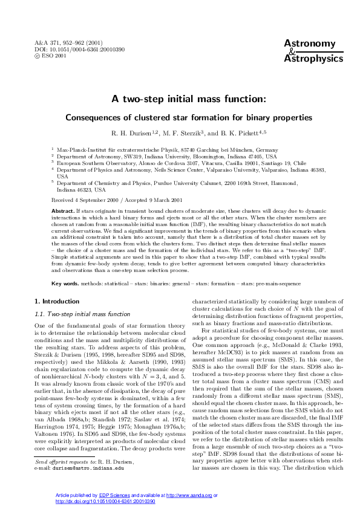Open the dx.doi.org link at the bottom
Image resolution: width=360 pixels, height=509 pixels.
click(105, 502)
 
